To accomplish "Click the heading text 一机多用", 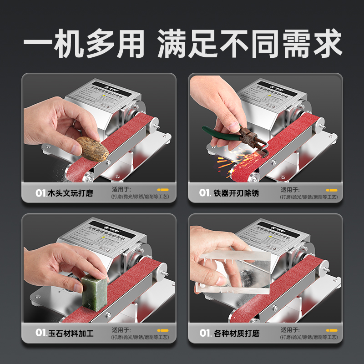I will coord(84,44).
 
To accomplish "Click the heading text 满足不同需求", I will coord(249,44).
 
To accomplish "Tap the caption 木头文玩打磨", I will coord(70,193).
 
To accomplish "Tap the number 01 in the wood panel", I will coord(40,193).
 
